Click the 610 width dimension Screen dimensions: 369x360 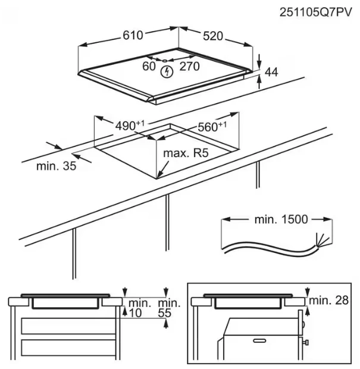pos(132,35)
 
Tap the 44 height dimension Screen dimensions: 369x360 pos(271,72)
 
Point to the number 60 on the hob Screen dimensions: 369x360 pos(149,67)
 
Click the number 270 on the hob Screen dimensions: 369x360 pos(189,67)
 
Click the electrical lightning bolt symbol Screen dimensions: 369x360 pos(168,72)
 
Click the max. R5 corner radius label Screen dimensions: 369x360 pos(185,154)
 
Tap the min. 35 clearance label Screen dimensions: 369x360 pos(56,167)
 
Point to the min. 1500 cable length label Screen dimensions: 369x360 pos(281,219)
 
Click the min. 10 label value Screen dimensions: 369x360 pos(138,311)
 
